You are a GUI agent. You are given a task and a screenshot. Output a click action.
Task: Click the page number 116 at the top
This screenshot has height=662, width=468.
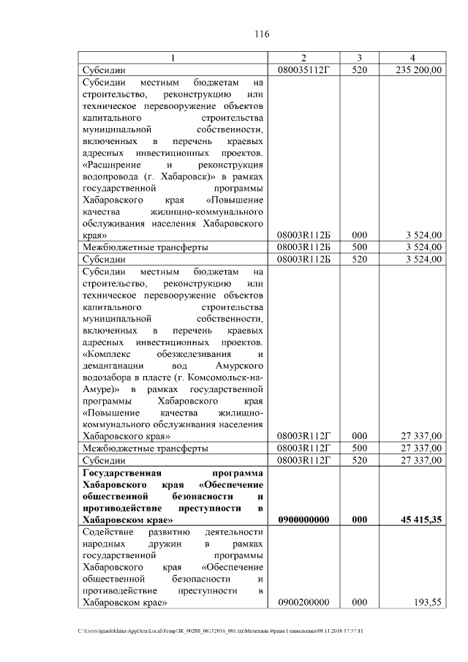[x=263, y=34]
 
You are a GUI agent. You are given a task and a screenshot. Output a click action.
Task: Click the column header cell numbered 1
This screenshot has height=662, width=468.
[x=173, y=58]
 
